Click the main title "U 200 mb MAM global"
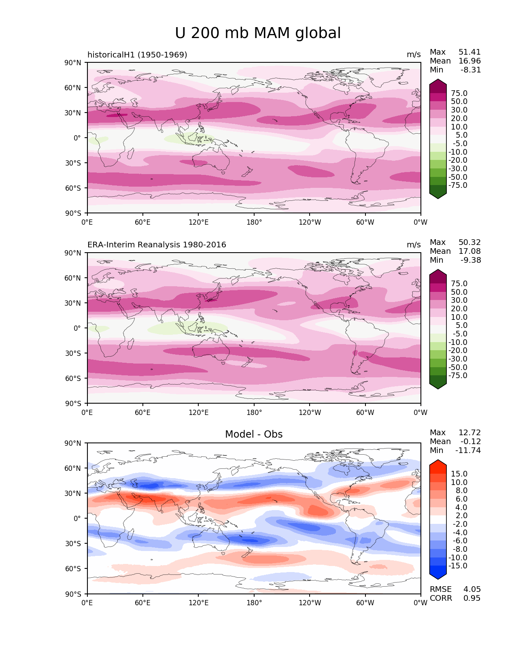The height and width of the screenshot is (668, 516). (x=258, y=33)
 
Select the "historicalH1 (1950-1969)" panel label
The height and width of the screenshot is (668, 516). (x=137, y=55)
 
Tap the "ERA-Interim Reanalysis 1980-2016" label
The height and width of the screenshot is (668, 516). (x=157, y=245)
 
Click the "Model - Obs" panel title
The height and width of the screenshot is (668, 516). (x=254, y=434)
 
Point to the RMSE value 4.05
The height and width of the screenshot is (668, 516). (x=472, y=589)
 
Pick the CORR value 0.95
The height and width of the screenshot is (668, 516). (x=472, y=598)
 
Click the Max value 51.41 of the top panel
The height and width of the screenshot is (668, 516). (x=469, y=52)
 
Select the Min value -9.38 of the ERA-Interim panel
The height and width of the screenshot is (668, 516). (x=471, y=260)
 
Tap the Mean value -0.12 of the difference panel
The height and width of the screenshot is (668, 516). (x=470, y=442)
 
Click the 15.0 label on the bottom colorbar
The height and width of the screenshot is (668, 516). (x=459, y=474)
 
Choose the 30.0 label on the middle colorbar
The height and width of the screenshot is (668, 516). (x=459, y=300)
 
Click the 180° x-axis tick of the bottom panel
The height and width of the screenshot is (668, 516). (x=254, y=603)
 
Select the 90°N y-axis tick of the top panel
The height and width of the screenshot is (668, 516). (x=73, y=63)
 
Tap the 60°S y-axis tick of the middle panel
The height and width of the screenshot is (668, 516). (x=73, y=379)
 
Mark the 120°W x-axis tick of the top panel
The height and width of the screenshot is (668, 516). (x=310, y=222)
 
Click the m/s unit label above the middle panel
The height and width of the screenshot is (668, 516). (x=414, y=245)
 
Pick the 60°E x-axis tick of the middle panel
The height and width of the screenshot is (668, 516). (x=143, y=413)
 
